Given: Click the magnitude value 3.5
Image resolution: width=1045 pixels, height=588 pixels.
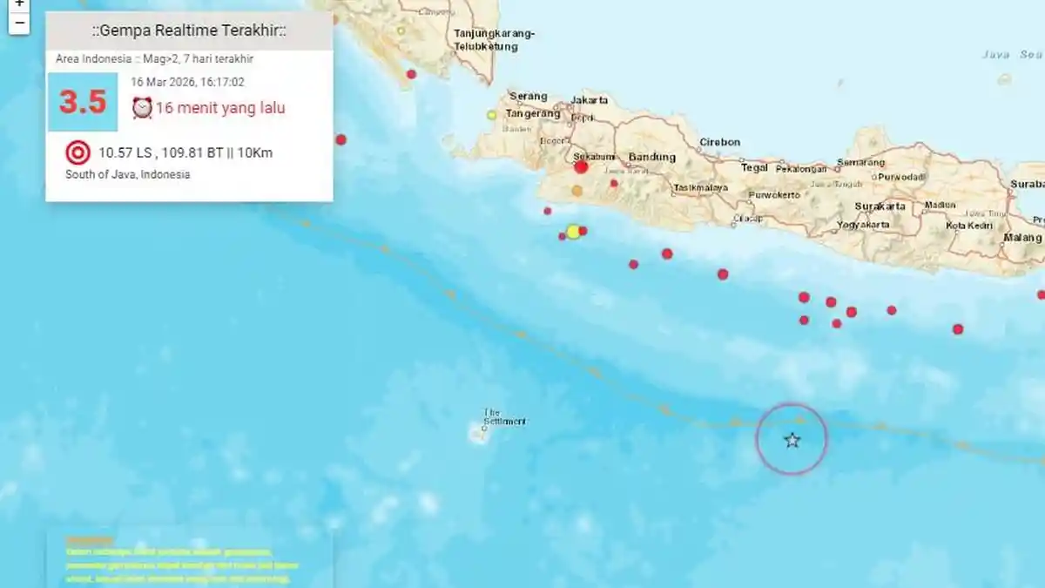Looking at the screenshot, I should (83, 102).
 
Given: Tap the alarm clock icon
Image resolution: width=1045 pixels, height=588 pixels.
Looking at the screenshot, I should (142, 107).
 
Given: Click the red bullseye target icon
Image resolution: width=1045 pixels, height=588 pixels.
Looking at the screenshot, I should (78, 153).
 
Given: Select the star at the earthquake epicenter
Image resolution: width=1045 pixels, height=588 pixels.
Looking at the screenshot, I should (792, 440).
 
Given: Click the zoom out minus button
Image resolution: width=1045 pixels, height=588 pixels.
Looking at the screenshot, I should (19, 23).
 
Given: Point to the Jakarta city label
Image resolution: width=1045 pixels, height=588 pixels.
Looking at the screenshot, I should (590, 100).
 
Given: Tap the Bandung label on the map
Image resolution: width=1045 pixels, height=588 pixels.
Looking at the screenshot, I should (651, 157).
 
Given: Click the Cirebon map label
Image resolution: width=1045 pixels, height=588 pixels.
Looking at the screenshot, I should (720, 142).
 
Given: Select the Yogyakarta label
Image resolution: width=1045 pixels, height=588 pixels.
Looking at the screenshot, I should (864, 224).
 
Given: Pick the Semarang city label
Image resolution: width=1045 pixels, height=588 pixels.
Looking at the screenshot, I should (860, 162).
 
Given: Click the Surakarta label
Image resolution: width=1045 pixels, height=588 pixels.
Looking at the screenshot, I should (880, 206).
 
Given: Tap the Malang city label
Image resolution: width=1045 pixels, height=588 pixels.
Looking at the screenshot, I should (1021, 237).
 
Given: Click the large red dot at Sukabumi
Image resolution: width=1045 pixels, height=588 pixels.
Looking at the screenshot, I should (581, 166).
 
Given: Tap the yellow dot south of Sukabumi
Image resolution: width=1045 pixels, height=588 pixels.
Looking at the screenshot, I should (573, 231).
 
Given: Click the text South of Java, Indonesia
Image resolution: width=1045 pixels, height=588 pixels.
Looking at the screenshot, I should (127, 174).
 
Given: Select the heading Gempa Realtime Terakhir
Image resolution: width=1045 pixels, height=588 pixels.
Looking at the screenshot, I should (189, 31).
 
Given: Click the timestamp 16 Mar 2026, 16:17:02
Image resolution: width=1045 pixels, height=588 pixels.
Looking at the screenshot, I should (187, 82).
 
